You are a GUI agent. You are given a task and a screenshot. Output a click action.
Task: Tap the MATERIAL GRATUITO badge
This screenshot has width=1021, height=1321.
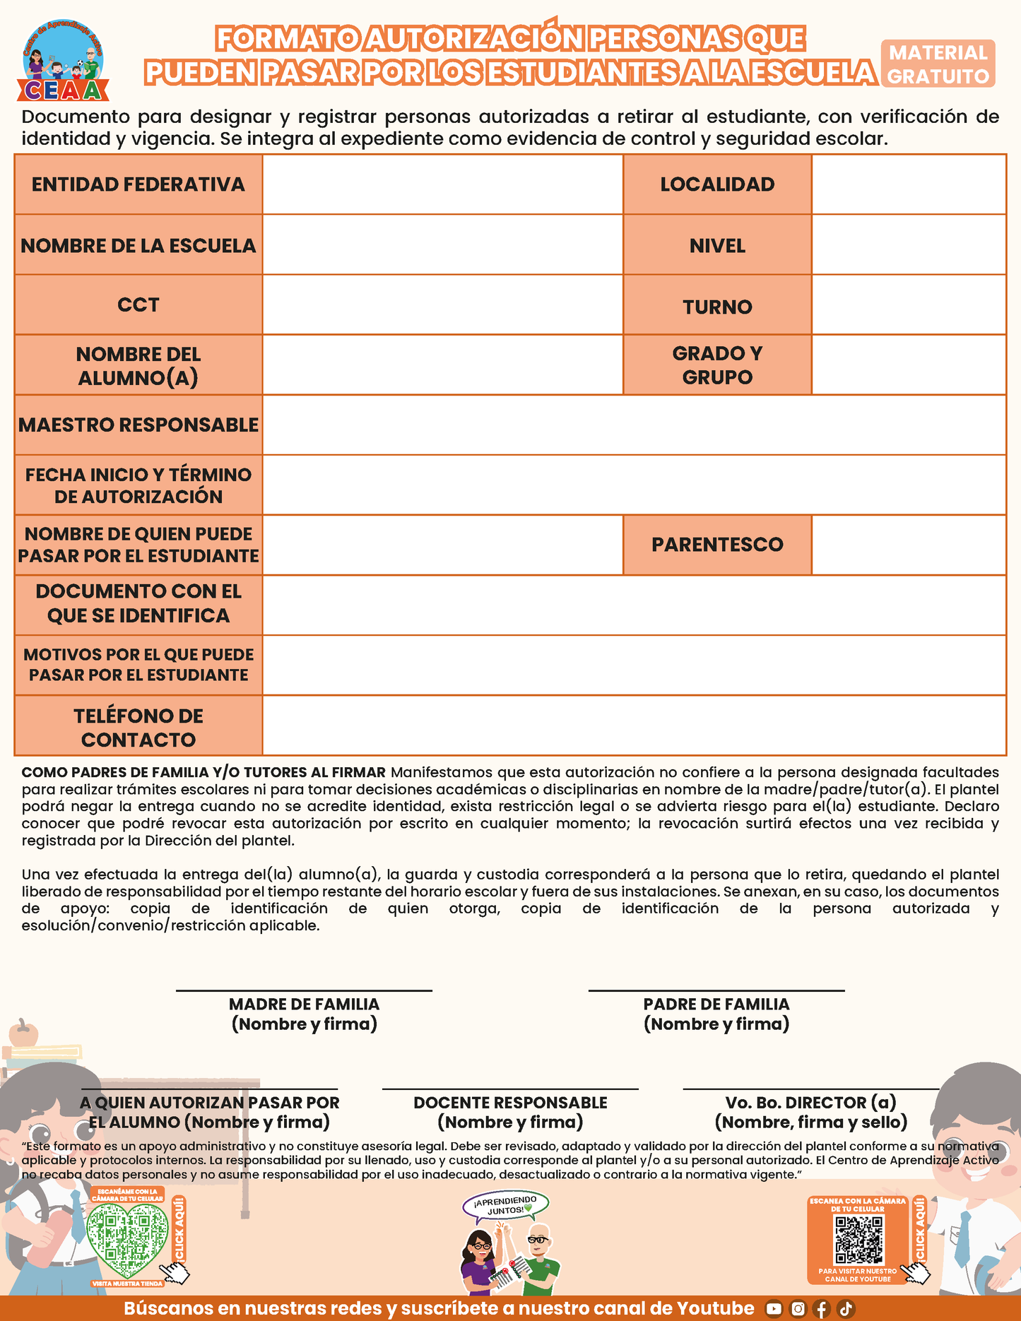point(938,64)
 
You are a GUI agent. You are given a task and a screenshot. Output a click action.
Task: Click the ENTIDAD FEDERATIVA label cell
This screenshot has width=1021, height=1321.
point(138,184)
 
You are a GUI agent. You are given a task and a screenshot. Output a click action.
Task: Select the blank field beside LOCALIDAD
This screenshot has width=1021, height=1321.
point(909,184)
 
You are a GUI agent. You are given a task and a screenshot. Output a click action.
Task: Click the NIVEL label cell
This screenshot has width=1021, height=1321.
point(717,245)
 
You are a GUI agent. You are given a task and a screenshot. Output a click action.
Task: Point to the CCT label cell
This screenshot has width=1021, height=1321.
point(138,304)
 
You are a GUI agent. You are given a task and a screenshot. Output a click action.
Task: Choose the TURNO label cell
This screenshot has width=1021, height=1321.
point(717,307)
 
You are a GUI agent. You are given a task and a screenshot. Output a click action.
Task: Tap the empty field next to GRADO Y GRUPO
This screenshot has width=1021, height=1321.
point(909,365)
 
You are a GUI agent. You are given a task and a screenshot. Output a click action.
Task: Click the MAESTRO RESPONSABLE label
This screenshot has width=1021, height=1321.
point(138,425)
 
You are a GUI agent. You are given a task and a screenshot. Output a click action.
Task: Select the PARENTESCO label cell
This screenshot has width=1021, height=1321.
point(717,545)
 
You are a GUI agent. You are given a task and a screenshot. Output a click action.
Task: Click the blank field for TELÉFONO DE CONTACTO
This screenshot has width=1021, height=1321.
point(634,725)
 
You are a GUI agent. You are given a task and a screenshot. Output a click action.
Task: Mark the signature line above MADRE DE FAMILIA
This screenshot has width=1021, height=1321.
point(304,991)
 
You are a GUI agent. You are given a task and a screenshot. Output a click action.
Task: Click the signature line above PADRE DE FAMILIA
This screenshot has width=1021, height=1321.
point(716,991)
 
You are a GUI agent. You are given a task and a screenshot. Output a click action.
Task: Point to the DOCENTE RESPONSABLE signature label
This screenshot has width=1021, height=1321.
point(510,1112)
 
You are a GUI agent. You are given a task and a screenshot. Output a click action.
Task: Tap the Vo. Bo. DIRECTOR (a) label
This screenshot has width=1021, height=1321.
point(811,1112)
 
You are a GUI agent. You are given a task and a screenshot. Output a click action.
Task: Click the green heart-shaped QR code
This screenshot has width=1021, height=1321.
point(127,1240)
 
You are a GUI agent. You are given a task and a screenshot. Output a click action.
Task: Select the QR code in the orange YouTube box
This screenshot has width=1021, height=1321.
point(858,1240)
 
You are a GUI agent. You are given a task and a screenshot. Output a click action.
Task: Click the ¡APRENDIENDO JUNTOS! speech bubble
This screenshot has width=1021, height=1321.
point(505,1205)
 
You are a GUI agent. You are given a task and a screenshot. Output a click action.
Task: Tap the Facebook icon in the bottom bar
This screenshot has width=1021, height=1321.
point(821,1309)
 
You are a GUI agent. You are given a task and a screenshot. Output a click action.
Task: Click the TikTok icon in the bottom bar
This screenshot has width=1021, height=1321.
point(846,1309)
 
